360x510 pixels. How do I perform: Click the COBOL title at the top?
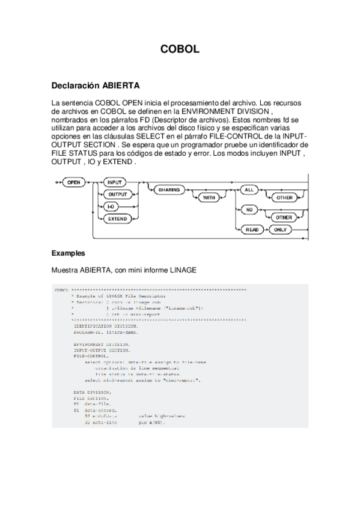180,51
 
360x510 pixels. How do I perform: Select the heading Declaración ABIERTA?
96,85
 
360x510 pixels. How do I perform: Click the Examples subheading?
69,253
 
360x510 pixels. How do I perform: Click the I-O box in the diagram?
112,206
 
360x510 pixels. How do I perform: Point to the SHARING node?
168,189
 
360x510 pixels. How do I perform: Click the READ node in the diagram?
251,230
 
